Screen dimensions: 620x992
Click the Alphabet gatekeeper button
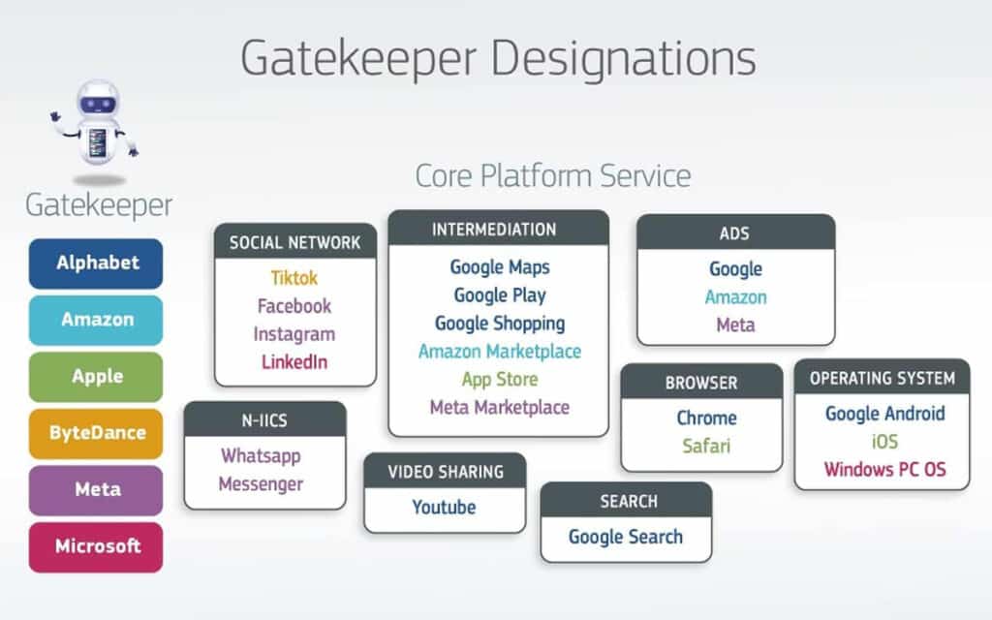click(96, 263)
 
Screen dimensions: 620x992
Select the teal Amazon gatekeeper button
click(96, 320)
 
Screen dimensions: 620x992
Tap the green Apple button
click(96, 377)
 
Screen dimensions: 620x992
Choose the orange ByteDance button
click(96, 433)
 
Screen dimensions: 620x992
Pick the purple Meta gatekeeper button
click(96, 489)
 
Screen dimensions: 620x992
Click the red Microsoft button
click(96, 546)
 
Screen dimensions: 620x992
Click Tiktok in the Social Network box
click(294, 278)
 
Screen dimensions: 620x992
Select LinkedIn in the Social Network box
click(294, 362)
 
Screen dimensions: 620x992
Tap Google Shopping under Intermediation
click(499, 324)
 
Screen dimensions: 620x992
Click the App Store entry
click(499, 380)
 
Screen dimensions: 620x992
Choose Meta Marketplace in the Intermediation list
click(499, 408)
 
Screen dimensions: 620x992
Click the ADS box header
click(735, 233)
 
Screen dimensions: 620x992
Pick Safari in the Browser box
click(706, 447)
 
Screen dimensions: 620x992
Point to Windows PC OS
click(884, 471)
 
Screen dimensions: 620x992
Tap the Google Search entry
click(626, 537)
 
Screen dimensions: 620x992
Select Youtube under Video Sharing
click(444, 508)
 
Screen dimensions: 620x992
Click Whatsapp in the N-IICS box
click(261, 455)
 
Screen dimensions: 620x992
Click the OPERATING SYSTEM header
click(882, 378)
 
